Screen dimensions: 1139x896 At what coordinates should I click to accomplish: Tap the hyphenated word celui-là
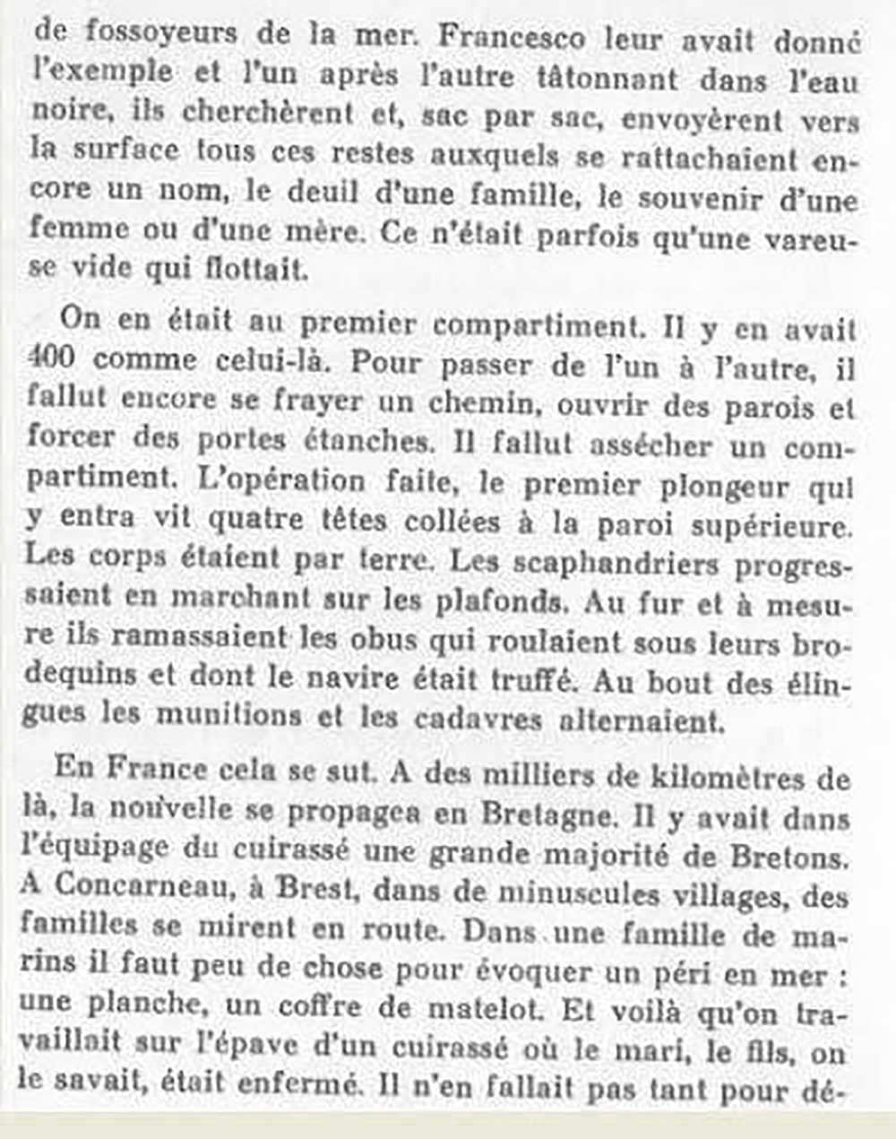click(x=271, y=360)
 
